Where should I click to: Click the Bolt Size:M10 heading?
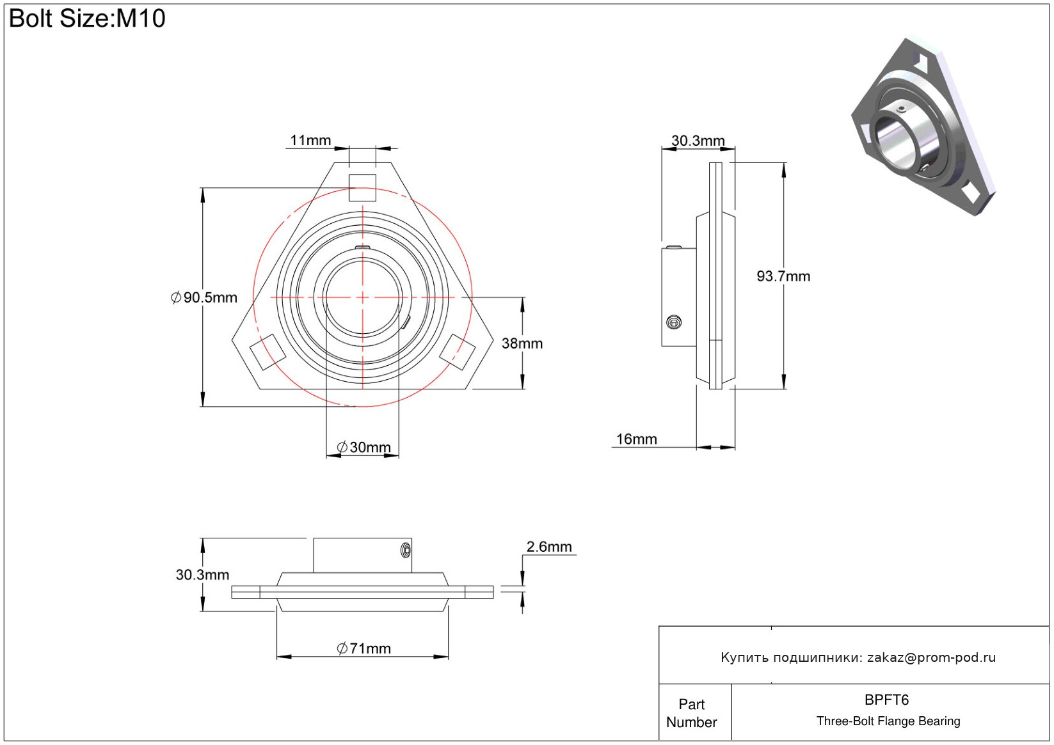coord(87,19)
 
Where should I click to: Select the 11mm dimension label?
coord(310,140)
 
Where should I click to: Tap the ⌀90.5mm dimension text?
coord(204,297)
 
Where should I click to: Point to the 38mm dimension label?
coord(522,343)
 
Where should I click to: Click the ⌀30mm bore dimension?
coord(363,447)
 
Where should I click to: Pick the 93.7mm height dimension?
coord(783,276)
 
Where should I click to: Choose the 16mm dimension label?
coord(636,439)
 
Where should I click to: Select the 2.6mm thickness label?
coord(548,547)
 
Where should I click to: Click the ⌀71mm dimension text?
coord(363,648)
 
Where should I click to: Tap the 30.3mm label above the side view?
coord(698,141)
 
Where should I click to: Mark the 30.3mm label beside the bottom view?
coord(202,575)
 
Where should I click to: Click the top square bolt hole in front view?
coord(362,187)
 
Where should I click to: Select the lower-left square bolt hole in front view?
coord(267,352)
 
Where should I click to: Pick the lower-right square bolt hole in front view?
coord(458,352)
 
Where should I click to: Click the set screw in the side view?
coord(673,322)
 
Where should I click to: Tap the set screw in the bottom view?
coord(405,549)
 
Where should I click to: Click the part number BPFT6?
coord(886,700)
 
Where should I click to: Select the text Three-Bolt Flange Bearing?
coord(888,721)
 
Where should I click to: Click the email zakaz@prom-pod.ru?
coord(931,657)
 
